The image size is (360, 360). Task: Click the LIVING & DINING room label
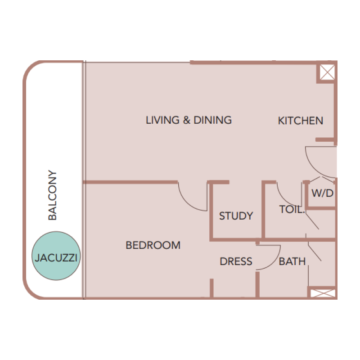(189, 120)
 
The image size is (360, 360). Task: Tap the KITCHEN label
(300, 121)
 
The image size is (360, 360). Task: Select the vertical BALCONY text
(53, 195)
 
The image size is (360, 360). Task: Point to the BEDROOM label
(153, 245)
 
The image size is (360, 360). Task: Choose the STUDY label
(236, 216)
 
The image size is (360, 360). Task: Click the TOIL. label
(292, 209)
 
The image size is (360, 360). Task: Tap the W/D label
(322, 194)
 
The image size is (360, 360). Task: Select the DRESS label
(236, 261)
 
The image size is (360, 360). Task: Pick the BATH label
(292, 261)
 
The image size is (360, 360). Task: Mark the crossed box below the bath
(322, 293)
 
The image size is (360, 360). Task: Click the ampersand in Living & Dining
(186, 120)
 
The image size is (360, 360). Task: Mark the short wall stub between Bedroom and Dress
(211, 288)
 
